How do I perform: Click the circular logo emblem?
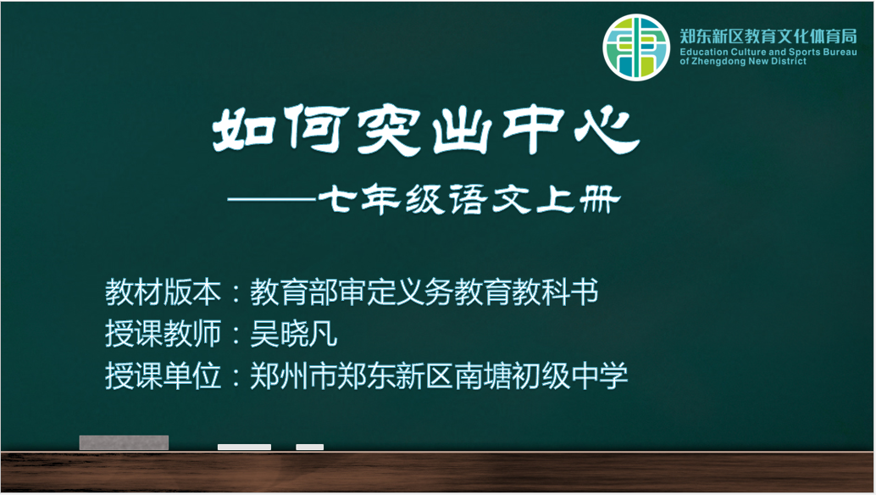tap(635, 47)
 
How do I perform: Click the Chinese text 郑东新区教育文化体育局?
tap(768, 36)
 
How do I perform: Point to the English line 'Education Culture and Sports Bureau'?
tap(768, 52)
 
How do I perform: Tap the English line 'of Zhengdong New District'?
tap(743, 62)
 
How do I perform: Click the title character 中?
tap(534, 129)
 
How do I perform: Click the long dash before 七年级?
tap(272, 199)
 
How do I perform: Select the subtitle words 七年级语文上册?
tap(468, 199)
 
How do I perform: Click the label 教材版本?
tap(164, 292)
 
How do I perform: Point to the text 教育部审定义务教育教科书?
tap(424, 292)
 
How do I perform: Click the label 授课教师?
tap(164, 334)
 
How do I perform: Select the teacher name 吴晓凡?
tap(293, 334)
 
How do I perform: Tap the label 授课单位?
tap(164, 375)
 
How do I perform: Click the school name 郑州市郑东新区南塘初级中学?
tap(439, 375)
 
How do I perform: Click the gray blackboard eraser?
tap(124, 442)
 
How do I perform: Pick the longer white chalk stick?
tap(244, 447)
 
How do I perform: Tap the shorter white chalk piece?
tap(309, 447)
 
